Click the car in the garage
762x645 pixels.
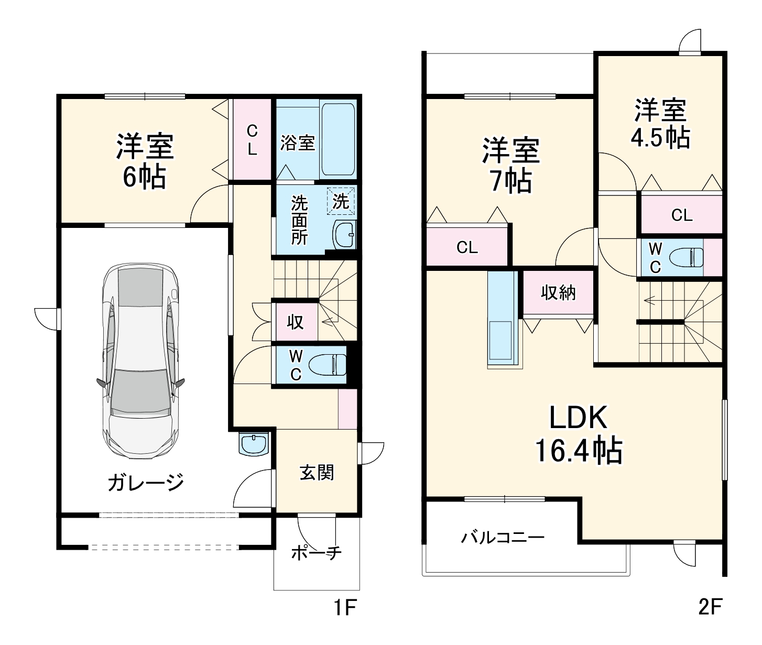pos(140,362)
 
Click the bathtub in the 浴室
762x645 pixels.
pos(338,139)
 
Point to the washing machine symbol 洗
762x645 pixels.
pos(341,201)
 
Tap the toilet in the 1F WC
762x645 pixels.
pos(328,365)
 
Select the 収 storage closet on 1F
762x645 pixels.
pos(296,322)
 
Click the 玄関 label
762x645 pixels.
pos(317,473)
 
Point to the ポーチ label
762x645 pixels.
pos(316,552)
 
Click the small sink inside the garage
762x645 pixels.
pos(254,444)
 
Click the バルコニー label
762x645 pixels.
pos(503,538)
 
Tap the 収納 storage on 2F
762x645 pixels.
pos(559,292)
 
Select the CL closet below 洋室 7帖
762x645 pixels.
pos(467,247)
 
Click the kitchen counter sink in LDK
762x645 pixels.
pos(500,341)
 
